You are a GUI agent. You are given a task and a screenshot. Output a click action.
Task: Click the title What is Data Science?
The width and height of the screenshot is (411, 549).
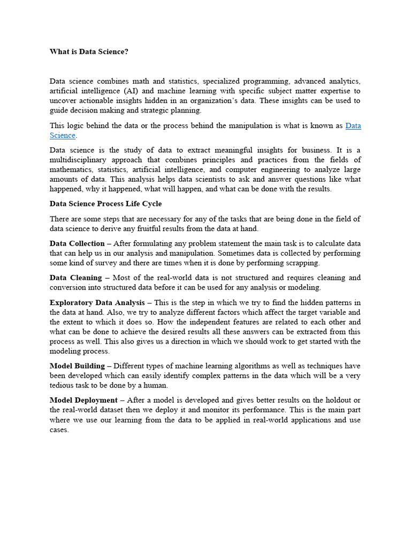pyautogui.click(x=89, y=51)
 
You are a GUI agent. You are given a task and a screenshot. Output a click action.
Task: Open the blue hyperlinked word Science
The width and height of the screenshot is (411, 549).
pyautogui.click(x=62, y=135)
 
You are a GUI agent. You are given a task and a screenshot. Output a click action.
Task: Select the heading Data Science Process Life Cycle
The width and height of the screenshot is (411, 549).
pyautogui.click(x=105, y=204)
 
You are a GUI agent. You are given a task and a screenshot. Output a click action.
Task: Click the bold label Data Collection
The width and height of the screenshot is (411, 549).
pyautogui.click(x=77, y=243)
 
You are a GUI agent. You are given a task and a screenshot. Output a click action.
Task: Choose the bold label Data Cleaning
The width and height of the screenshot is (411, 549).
pyautogui.click(x=75, y=278)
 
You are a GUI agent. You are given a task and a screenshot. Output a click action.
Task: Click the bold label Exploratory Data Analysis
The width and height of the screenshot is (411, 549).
pyautogui.click(x=97, y=302)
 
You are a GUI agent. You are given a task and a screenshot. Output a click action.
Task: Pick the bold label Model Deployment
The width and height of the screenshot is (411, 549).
pyautogui.click(x=83, y=400)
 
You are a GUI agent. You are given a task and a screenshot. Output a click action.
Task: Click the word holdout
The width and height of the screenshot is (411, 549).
pyautogui.click(x=335, y=400)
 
